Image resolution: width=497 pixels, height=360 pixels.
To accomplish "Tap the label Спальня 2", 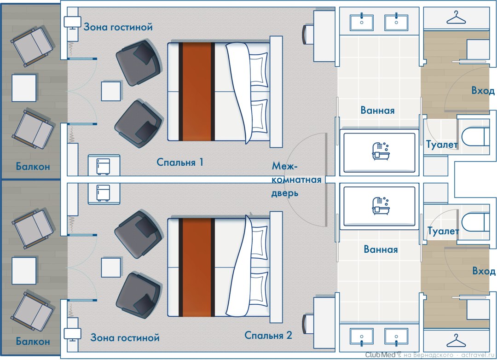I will pyautogui.click(x=268, y=335).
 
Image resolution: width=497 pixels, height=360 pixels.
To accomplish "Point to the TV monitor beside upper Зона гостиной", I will pyautogui.click(x=72, y=22).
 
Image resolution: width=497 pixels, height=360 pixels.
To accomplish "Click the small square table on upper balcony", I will pyautogui.click(x=24, y=88).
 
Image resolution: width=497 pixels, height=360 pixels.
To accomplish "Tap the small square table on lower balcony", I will pyautogui.click(x=24, y=270).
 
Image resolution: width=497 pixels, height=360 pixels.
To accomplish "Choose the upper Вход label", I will pyautogui.click(x=483, y=91).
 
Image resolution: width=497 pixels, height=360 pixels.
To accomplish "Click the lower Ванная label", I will pyautogui.click(x=381, y=250).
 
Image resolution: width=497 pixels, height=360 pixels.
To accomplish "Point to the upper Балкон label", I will pyautogui.click(x=32, y=166).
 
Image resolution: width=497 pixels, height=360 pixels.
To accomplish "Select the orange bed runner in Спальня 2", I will pyautogui.click(x=197, y=267).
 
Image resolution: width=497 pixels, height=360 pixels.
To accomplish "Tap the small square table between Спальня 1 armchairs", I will pyautogui.click(x=111, y=91).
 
